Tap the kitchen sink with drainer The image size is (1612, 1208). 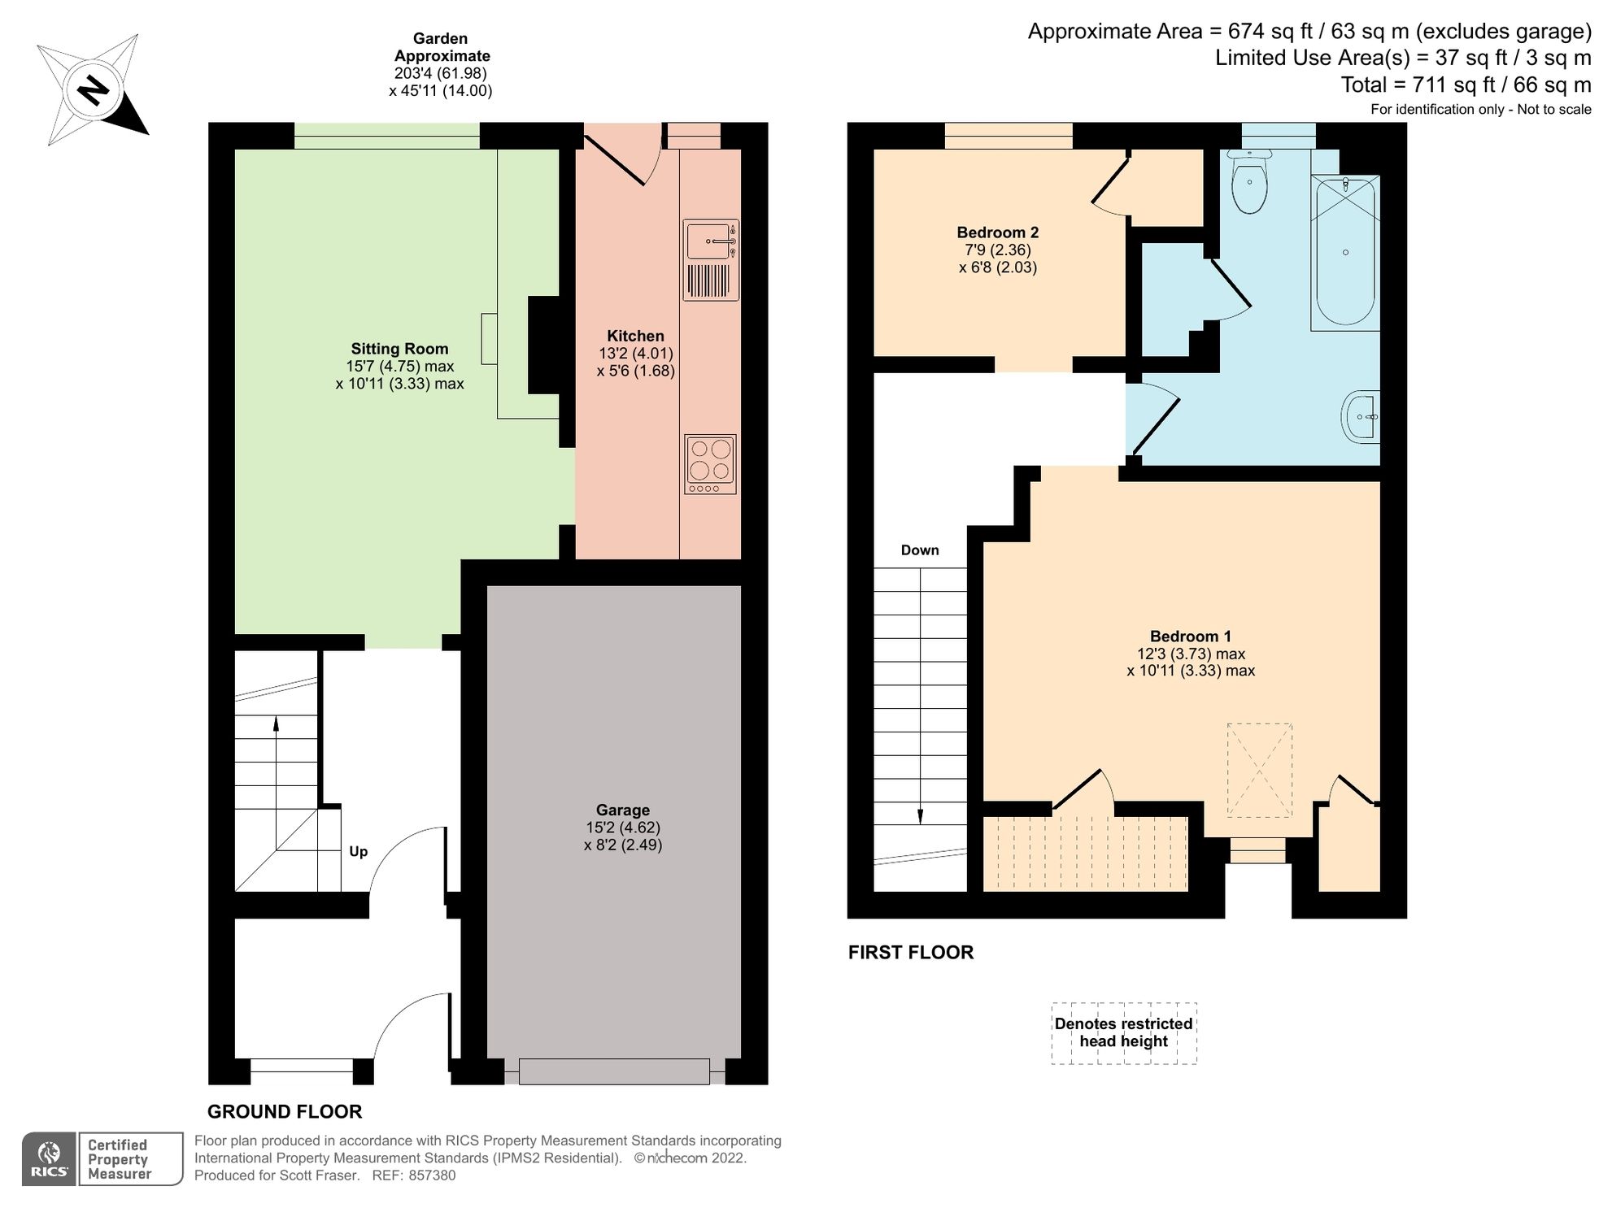click(x=711, y=259)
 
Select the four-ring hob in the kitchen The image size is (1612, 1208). click(x=710, y=464)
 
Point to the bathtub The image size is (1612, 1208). click(x=1345, y=252)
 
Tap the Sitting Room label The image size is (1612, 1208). click(x=399, y=349)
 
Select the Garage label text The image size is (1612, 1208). click(x=622, y=810)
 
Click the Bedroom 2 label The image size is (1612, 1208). click(x=997, y=232)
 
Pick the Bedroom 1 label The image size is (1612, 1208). click(x=1190, y=637)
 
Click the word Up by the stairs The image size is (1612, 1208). click(x=358, y=851)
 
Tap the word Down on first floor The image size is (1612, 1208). click(x=919, y=550)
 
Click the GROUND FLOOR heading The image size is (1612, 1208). click(x=284, y=1111)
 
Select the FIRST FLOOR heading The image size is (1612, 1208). click(x=910, y=952)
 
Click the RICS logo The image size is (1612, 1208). click(x=50, y=1158)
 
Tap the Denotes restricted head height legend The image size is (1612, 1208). click(x=1123, y=1032)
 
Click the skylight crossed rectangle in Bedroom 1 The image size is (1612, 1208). click(x=1259, y=770)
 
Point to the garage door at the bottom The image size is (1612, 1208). click(x=614, y=1071)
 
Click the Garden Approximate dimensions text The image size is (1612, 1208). click(x=440, y=64)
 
